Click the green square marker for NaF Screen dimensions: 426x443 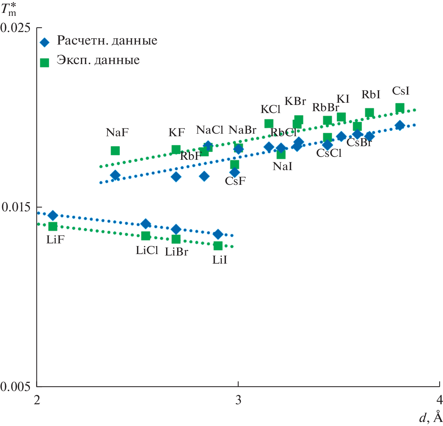(115, 151)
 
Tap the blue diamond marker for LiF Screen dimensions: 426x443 (53, 215)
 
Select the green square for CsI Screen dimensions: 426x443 (400, 108)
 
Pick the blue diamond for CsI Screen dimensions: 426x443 (400, 126)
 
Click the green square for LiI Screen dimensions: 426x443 (218, 246)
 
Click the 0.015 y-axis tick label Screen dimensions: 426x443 (17, 207)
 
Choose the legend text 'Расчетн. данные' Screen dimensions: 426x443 (107, 41)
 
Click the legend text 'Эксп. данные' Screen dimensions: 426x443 (98, 60)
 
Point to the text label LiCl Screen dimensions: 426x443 (147, 250)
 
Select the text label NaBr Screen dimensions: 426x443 (242, 130)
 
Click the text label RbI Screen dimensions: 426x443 (370, 95)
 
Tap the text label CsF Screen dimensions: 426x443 (235, 181)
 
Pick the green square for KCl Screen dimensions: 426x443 (269, 123)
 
